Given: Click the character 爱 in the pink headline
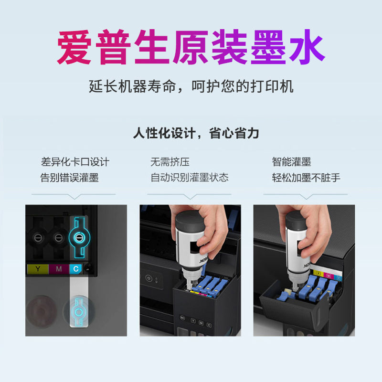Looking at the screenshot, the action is tap(74, 47).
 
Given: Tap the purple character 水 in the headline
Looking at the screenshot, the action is tap(307, 47).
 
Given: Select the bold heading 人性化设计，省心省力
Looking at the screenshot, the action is tap(196, 133).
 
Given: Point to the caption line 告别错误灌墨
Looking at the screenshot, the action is tap(69, 177).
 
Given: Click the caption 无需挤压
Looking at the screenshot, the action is tap(170, 162).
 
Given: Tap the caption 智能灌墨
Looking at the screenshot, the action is tap(291, 162).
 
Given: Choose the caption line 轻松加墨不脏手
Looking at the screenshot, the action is tap(306, 177).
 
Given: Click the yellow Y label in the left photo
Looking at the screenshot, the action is tap(38, 269).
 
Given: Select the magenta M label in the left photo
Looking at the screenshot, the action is tap(59, 269).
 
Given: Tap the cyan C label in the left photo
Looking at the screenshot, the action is tap(76, 269).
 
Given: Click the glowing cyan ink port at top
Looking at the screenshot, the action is tap(79, 237).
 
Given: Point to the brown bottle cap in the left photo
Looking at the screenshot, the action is tap(42, 311).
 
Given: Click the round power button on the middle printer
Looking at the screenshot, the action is tap(149, 278).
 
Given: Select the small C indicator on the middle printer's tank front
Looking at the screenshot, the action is tap(209, 325).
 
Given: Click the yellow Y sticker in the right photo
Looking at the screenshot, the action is tap(318, 273).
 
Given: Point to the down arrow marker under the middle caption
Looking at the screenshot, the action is tap(189, 196).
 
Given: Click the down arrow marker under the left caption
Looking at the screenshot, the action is tap(74, 196).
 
